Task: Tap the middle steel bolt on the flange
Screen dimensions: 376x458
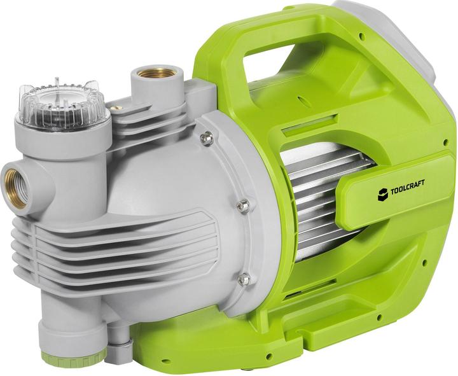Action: pyautogui.click(x=242, y=205)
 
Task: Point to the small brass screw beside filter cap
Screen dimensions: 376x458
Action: pyautogui.click(x=117, y=109)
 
